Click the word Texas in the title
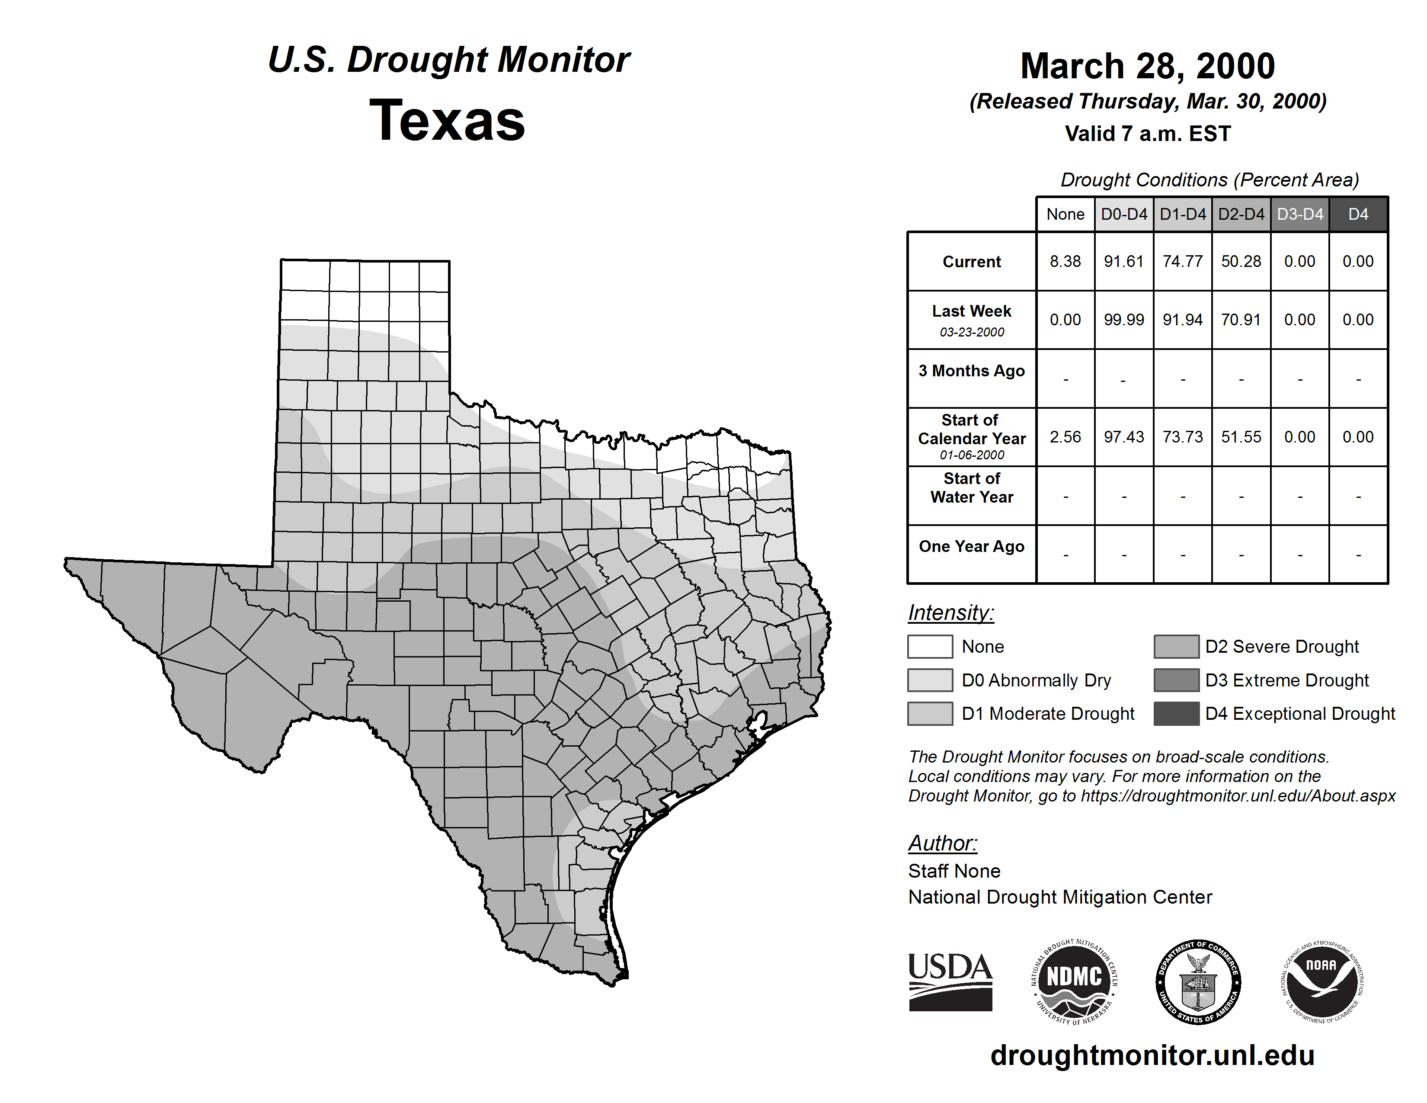(447, 121)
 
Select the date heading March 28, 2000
(1147, 66)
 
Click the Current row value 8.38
(1065, 261)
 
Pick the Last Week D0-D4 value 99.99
(1124, 320)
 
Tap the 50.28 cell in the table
(1241, 261)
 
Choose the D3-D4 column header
(1299, 214)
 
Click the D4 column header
(1358, 214)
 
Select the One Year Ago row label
(972, 546)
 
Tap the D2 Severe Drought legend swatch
(1176, 646)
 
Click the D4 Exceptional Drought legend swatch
(1176, 714)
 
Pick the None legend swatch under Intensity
(930, 646)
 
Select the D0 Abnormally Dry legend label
(1036, 680)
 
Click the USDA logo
(950, 981)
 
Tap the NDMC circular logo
(1074, 981)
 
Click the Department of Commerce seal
(1198, 981)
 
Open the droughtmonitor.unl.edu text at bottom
(1152, 1055)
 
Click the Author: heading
(942, 843)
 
